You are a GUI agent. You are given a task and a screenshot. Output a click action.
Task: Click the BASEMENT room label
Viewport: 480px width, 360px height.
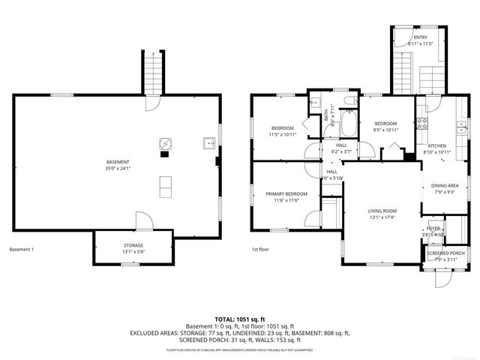[x=118, y=163]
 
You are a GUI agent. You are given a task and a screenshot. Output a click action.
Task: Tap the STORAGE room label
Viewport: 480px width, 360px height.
[x=133, y=245]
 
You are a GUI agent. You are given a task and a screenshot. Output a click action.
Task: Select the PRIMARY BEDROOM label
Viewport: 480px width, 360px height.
[x=286, y=194]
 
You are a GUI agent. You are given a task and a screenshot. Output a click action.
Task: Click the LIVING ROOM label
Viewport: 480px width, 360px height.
[x=382, y=211]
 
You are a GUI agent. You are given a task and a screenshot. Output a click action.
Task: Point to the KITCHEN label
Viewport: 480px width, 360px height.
[x=437, y=145]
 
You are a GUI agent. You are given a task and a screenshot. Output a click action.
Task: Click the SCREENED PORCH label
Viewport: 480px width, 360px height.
[x=445, y=253]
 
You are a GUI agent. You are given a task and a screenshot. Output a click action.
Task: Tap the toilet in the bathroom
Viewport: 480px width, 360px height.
[x=349, y=100]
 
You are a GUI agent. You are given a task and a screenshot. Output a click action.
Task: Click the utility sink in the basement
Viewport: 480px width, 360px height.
[x=208, y=142]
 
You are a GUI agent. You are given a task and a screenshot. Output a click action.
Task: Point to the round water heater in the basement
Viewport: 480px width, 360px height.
[x=164, y=142]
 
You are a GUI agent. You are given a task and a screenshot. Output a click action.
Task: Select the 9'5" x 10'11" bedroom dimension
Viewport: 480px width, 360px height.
[x=385, y=130]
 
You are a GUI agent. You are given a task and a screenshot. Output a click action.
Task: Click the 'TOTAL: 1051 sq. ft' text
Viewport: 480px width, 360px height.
[x=239, y=319]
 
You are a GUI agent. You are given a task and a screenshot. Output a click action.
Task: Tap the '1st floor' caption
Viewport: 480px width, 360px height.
[x=261, y=249]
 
